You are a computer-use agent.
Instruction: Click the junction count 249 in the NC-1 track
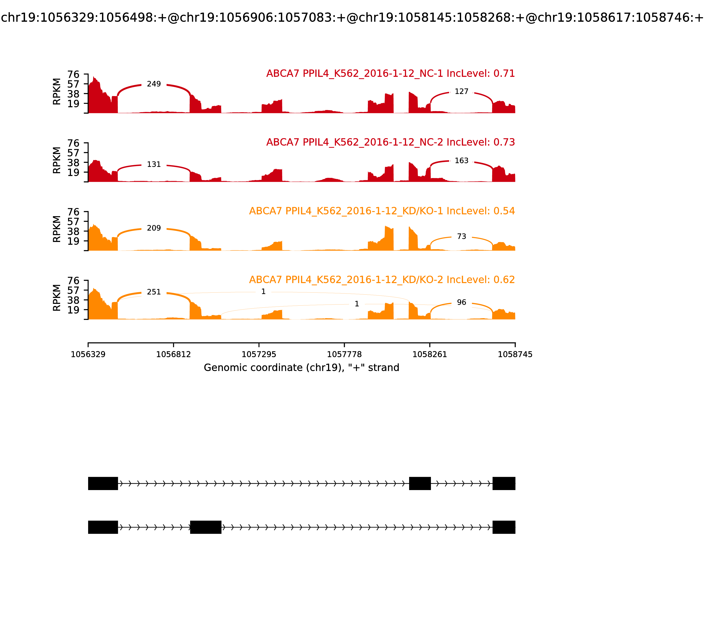pos(154,84)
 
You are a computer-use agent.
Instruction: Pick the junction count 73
pos(461,236)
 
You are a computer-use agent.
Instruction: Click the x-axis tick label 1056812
pos(174,355)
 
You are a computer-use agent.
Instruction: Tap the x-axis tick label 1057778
pos(344,355)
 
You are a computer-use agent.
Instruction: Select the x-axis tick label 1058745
pos(515,355)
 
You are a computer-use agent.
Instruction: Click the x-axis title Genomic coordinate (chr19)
pos(302,368)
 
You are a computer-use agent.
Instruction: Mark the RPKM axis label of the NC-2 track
pos(57,160)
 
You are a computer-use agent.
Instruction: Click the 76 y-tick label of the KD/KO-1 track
pos(73,212)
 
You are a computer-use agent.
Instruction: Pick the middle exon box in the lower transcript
pos(206,527)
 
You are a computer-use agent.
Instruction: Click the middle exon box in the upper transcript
pos(420,483)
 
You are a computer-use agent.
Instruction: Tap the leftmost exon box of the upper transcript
pos(103,483)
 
